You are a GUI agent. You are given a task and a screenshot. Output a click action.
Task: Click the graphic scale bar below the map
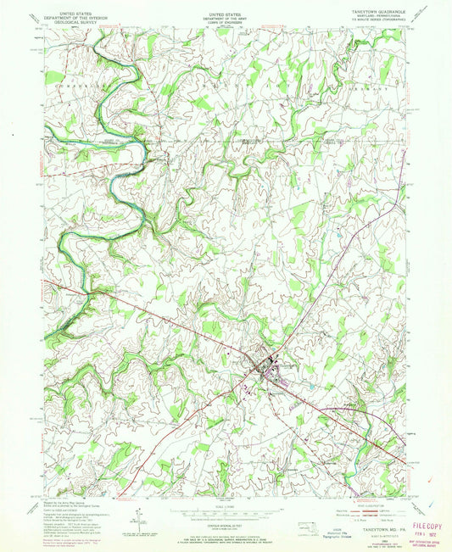225,516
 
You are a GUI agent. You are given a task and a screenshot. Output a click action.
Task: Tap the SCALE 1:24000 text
225,508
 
